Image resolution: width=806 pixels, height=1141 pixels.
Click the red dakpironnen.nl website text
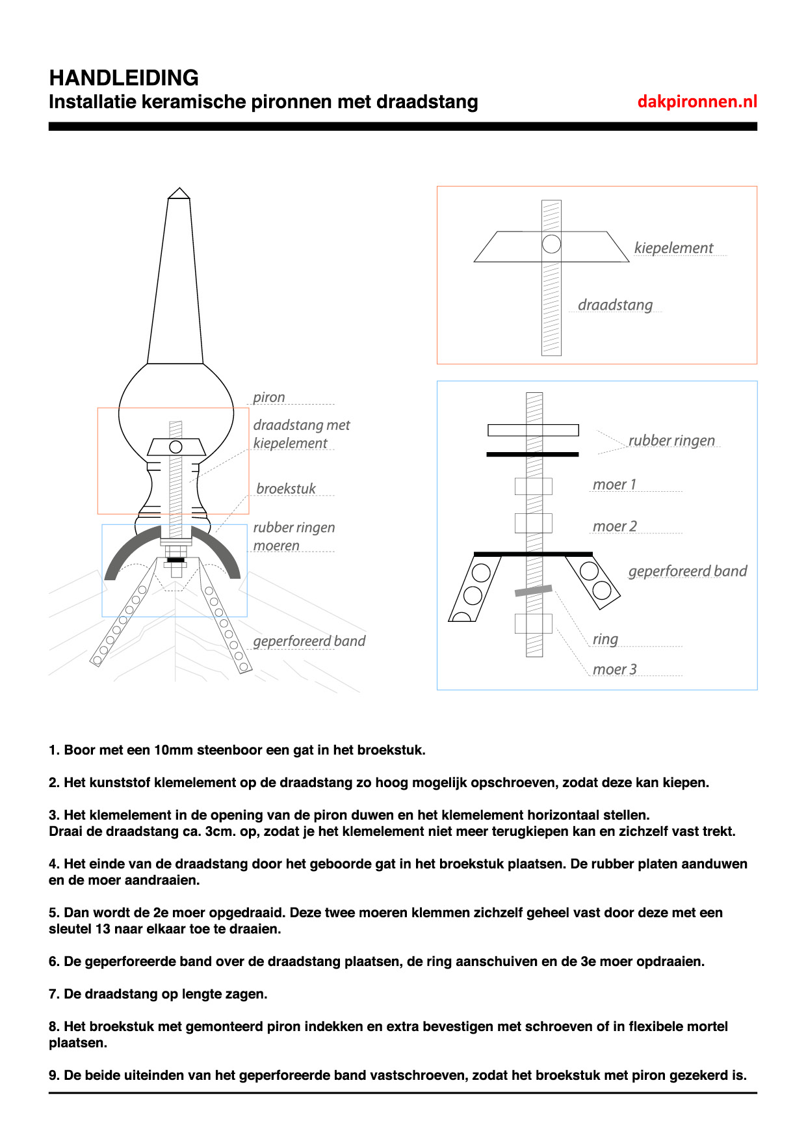point(697,101)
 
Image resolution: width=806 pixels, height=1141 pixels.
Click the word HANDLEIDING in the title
point(124,78)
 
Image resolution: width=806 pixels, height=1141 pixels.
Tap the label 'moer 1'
point(614,485)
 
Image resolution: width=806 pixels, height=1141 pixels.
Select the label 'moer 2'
point(614,526)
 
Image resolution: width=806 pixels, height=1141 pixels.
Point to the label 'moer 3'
point(614,669)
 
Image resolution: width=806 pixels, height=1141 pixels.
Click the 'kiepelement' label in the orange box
point(673,248)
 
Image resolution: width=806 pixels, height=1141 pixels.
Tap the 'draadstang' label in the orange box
point(615,305)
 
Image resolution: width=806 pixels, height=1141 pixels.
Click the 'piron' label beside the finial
point(269,397)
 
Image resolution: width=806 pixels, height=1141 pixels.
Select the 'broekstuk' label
point(286,489)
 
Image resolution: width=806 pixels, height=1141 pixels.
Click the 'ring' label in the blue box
point(605,639)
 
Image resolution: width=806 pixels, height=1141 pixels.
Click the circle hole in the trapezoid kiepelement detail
point(551,244)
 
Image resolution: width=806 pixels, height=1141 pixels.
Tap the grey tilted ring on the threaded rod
point(534,591)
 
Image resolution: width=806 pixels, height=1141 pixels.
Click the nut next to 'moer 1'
point(534,486)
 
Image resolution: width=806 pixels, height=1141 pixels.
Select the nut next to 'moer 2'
point(534,523)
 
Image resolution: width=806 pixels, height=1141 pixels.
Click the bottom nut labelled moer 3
point(534,623)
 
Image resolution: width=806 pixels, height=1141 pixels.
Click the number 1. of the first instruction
point(54,750)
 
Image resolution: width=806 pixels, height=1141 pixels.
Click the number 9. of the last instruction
point(54,1075)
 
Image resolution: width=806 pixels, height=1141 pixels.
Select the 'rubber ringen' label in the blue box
point(671,440)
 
